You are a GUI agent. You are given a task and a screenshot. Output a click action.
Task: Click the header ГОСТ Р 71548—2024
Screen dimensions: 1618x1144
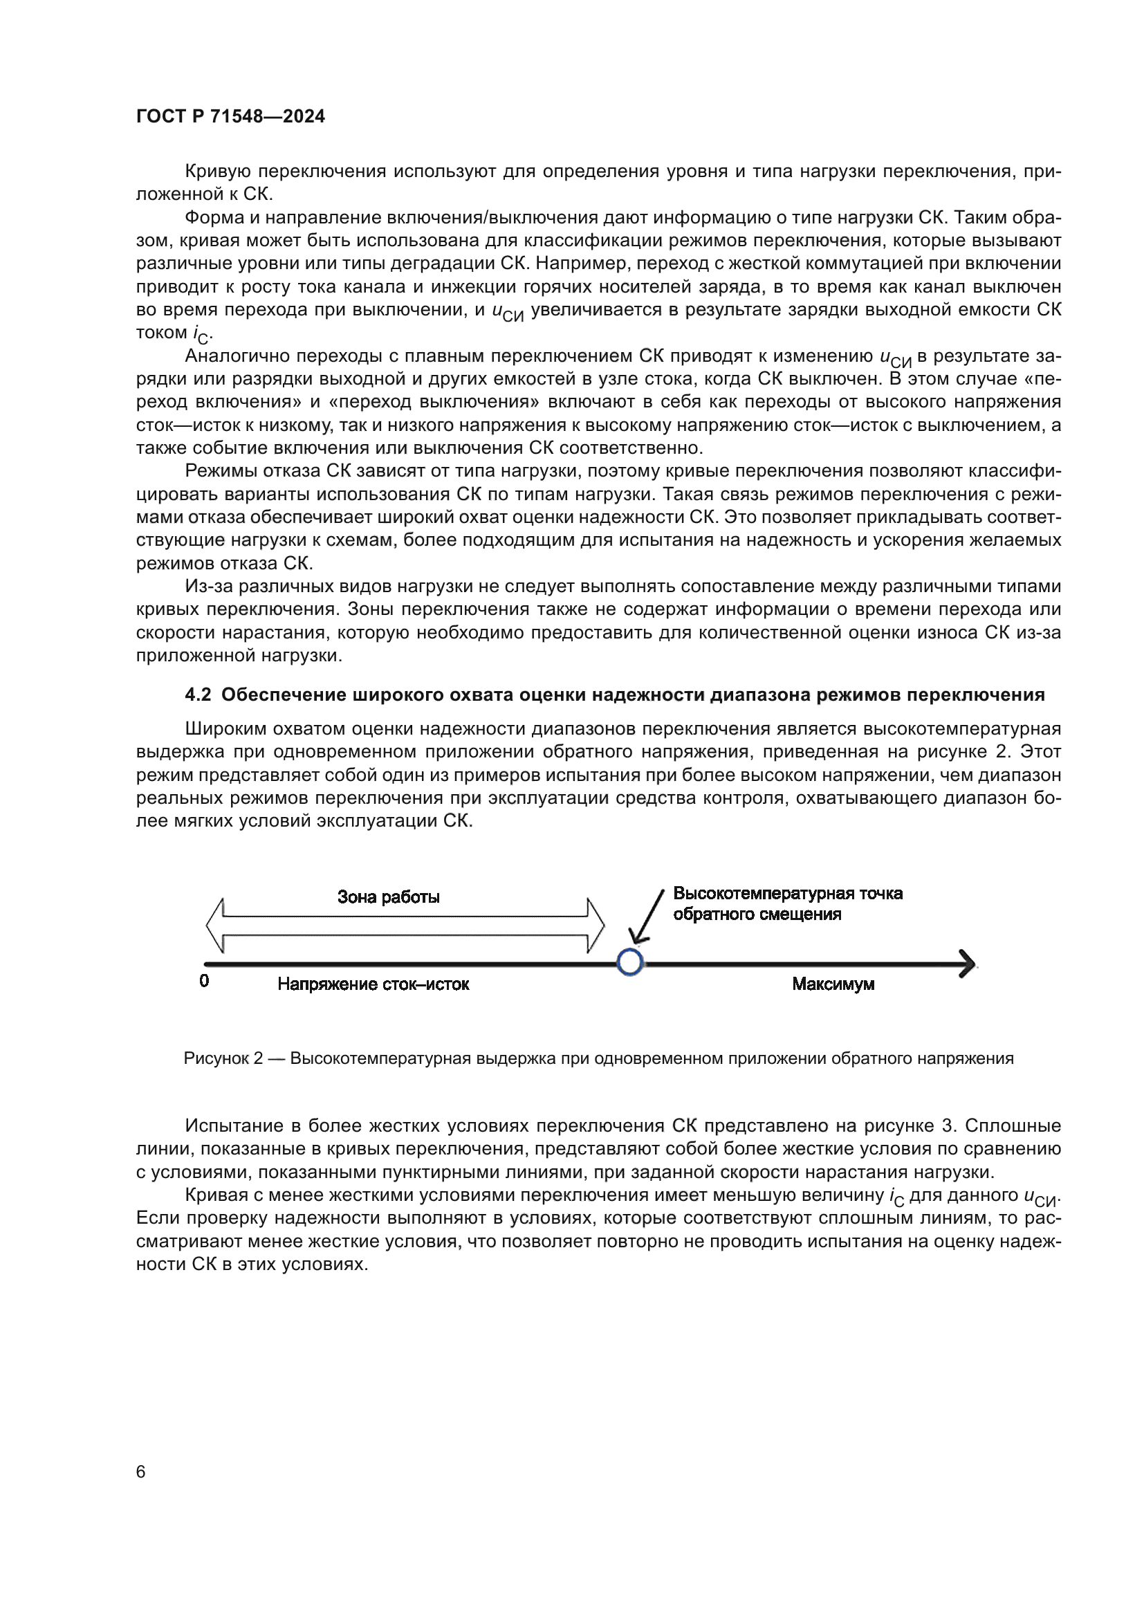click(230, 116)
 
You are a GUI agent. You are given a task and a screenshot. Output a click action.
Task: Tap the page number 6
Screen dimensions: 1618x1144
click(141, 1471)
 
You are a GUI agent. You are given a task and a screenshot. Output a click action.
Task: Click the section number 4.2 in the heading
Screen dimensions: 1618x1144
click(198, 695)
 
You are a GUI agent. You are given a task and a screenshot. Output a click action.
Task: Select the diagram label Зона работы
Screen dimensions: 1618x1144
click(388, 897)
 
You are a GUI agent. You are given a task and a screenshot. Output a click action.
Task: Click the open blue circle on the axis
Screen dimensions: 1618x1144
click(630, 962)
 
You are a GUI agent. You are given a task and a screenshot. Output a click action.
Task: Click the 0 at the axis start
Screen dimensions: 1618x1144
click(204, 981)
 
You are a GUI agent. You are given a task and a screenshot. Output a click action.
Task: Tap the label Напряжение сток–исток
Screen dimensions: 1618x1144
click(373, 984)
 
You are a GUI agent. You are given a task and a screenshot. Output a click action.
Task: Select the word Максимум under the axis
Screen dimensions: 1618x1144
click(833, 984)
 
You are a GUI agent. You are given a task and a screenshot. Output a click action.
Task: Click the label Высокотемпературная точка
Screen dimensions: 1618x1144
click(788, 894)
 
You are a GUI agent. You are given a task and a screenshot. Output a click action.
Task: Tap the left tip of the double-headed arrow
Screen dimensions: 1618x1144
click(208, 926)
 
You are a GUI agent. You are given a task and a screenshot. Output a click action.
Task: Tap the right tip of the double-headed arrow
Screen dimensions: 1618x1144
click(602, 926)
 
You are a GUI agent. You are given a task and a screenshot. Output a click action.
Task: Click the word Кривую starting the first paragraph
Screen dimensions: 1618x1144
click(218, 172)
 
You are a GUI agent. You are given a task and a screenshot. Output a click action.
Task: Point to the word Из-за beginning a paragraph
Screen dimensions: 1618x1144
click(207, 587)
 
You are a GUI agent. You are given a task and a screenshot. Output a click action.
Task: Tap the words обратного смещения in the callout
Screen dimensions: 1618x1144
click(757, 914)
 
